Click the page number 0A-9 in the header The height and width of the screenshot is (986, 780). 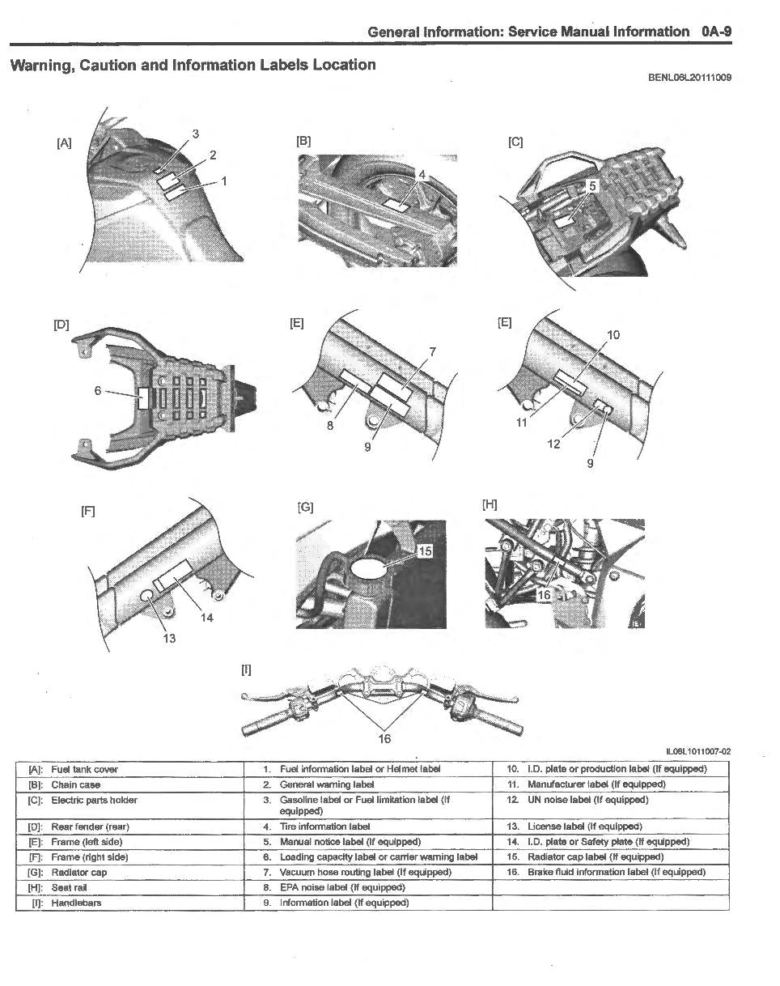coord(716,32)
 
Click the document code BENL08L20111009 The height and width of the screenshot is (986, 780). coord(689,79)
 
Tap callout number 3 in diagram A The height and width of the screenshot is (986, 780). coord(196,134)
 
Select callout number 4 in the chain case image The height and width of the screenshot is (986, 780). coord(422,175)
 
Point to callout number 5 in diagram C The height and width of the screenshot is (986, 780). coord(592,186)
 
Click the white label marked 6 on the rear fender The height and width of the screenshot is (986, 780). coord(143,396)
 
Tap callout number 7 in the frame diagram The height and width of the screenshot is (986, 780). coord(433,351)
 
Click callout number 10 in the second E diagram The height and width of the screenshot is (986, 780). coord(613,334)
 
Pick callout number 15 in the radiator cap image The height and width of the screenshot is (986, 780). coord(426,551)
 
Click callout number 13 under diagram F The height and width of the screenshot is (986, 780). coord(169,638)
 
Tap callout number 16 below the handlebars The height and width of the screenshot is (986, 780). coord(385,737)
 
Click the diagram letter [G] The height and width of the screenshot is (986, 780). coord(305,508)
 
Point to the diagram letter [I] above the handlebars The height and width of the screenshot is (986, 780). coord(246,669)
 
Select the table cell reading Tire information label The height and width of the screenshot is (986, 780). coord(324,827)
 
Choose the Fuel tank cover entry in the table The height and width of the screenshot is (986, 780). coord(84,769)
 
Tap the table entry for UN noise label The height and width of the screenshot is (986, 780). coord(587,800)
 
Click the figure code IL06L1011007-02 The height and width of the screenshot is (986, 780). coord(697,751)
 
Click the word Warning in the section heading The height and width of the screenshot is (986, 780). coord(40,65)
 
